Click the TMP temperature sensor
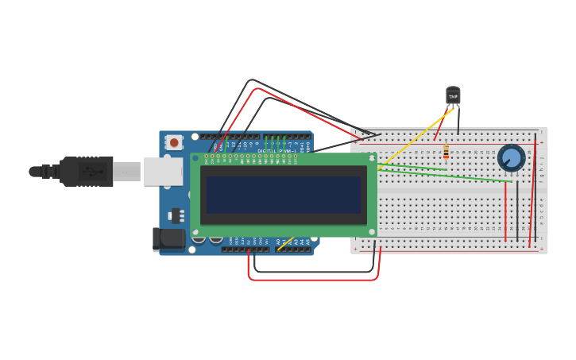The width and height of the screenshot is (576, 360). tap(453, 96)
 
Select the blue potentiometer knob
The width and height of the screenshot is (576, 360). tap(512, 157)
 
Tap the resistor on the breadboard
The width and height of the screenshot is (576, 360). tap(446, 150)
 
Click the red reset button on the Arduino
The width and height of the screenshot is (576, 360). tap(174, 142)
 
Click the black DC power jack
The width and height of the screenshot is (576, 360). tap(168, 238)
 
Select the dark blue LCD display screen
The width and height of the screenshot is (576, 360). tap(283, 195)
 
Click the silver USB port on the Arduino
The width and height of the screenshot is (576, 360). tap(162, 171)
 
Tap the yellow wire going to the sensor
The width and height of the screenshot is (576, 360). tap(413, 139)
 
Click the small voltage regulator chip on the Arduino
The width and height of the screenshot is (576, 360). tap(176, 215)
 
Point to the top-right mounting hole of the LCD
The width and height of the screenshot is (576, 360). tap(371, 159)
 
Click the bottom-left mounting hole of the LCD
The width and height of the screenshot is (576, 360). tap(195, 232)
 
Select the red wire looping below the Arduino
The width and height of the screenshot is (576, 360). tap(314, 279)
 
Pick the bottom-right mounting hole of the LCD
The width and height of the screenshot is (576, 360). tap(371, 232)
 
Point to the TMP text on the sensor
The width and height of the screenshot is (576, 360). tap(453, 97)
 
